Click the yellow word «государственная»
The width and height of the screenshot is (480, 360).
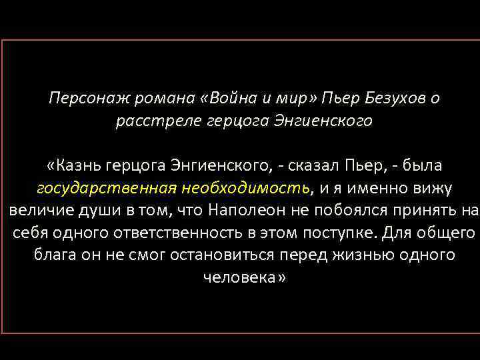click(106, 188)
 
